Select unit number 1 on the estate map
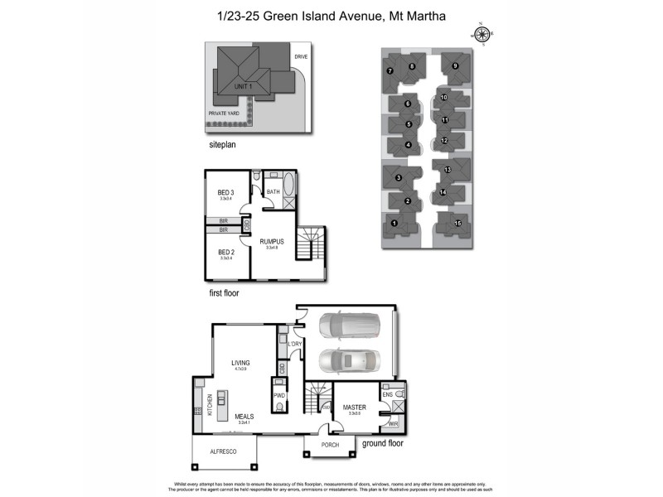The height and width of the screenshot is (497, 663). click(x=394, y=223)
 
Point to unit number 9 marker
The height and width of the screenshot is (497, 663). click(x=454, y=65)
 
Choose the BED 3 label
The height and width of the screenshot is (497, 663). click(x=224, y=192)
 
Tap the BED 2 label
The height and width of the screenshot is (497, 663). click(x=224, y=252)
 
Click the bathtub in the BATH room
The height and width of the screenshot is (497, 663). click(x=289, y=185)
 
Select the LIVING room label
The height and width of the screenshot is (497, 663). click(x=241, y=363)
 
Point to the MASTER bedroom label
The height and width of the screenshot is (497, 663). click(x=355, y=407)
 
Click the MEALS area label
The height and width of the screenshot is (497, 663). click(x=244, y=417)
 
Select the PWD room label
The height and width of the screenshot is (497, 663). click(x=278, y=396)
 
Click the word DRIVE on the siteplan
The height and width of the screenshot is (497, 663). click(x=300, y=57)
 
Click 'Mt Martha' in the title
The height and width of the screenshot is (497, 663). click(x=409, y=15)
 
